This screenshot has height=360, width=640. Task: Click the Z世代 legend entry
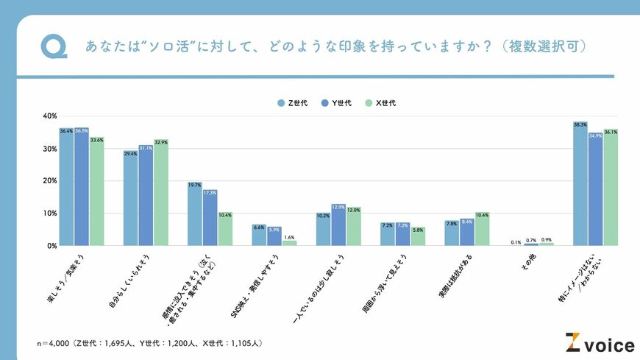click(x=296, y=103)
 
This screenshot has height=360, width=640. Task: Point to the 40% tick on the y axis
click(x=50, y=116)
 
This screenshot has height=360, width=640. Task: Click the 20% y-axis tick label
click(x=50, y=181)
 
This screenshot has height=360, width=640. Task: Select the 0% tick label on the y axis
click(x=52, y=246)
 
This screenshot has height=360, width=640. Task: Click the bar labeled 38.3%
click(x=580, y=184)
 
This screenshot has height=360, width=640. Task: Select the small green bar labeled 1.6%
click(x=289, y=243)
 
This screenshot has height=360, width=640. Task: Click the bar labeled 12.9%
click(x=338, y=225)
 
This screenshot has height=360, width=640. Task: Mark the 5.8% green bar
click(x=418, y=236)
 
